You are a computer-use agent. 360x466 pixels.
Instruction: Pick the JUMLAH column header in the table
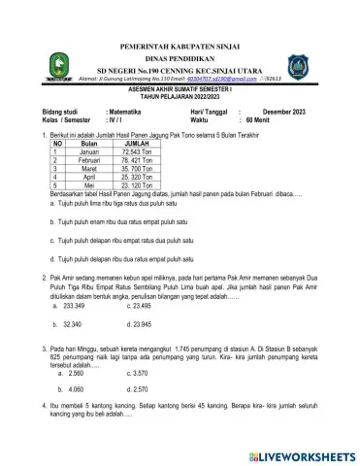pos(122,168)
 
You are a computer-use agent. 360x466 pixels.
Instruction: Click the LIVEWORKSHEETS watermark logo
pos(300,453)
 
